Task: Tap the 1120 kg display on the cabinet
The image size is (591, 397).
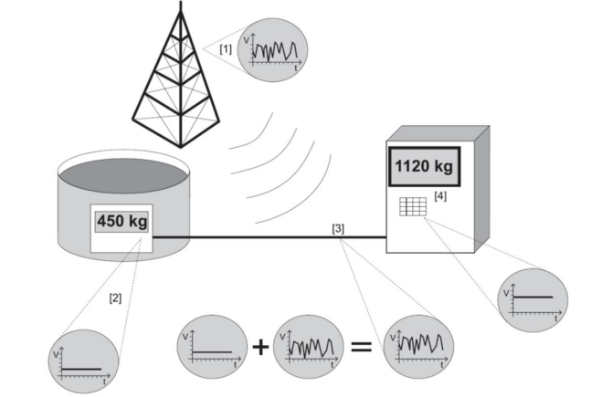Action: pyautogui.click(x=423, y=168)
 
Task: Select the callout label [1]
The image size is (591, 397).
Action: pyautogui.click(x=225, y=47)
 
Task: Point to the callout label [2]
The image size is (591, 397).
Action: pyautogui.click(x=115, y=297)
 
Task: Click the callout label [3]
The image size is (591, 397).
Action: pyautogui.click(x=338, y=228)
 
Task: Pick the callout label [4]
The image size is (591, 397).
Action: pyautogui.click(x=442, y=196)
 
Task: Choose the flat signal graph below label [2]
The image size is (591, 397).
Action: pyautogui.click(x=83, y=360)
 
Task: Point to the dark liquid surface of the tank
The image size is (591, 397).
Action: pyautogui.click(x=121, y=174)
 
